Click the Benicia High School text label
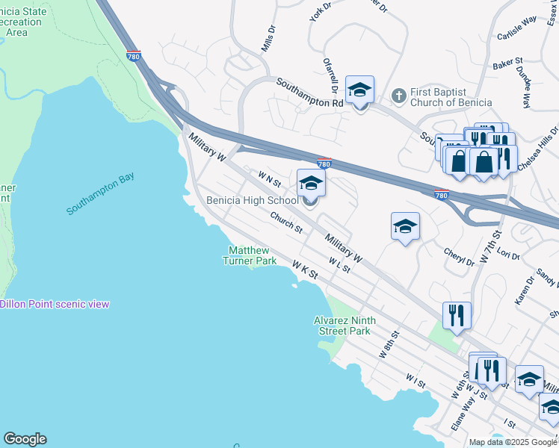click(252, 201)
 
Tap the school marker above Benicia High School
click(311, 183)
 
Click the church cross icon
click(398, 95)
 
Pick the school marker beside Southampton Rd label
click(359, 91)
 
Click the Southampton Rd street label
click(309, 93)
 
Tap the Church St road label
click(286, 223)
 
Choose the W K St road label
click(306, 270)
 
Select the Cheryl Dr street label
click(460, 258)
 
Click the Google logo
click(25, 439)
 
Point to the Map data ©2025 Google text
click(513, 442)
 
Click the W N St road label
click(269, 178)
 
